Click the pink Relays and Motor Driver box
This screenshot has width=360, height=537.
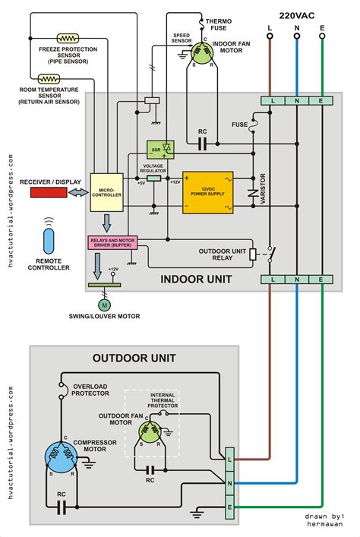pyautogui.click(x=112, y=243)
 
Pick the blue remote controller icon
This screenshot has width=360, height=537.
pyautogui.click(x=50, y=242)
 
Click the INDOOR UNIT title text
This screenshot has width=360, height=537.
pyautogui.click(x=196, y=280)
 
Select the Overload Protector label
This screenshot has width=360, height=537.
pyautogui.click(x=90, y=390)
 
